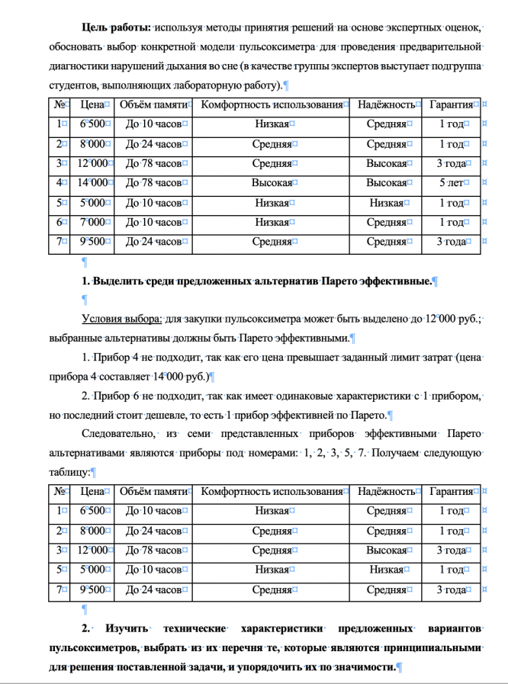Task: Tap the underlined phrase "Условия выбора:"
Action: click(x=121, y=317)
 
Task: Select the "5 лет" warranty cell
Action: click(x=452, y=182)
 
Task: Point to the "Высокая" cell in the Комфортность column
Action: click(x=272, y=182)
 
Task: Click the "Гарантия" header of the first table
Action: click(x=452, y=104)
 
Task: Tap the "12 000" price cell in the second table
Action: click(x=92, y=550)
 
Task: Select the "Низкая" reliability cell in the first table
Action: click(x=386, y=202)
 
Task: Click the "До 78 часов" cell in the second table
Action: click(x=153, y=550)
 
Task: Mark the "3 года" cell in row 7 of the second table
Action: click(x=452, y=589)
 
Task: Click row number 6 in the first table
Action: click(x=59, y=222)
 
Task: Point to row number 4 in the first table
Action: click(x=59, y=182)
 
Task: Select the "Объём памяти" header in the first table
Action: click(x=153, y=104)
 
